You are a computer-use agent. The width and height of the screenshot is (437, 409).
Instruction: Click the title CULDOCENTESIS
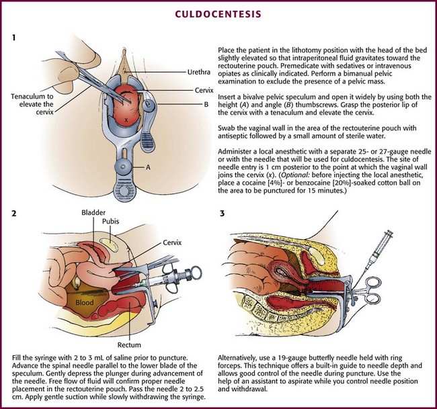[218, 12]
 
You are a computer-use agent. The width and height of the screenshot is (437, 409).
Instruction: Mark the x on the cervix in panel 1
[124, 120]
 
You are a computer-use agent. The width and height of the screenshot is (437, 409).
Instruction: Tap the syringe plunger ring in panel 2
[196, 271]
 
